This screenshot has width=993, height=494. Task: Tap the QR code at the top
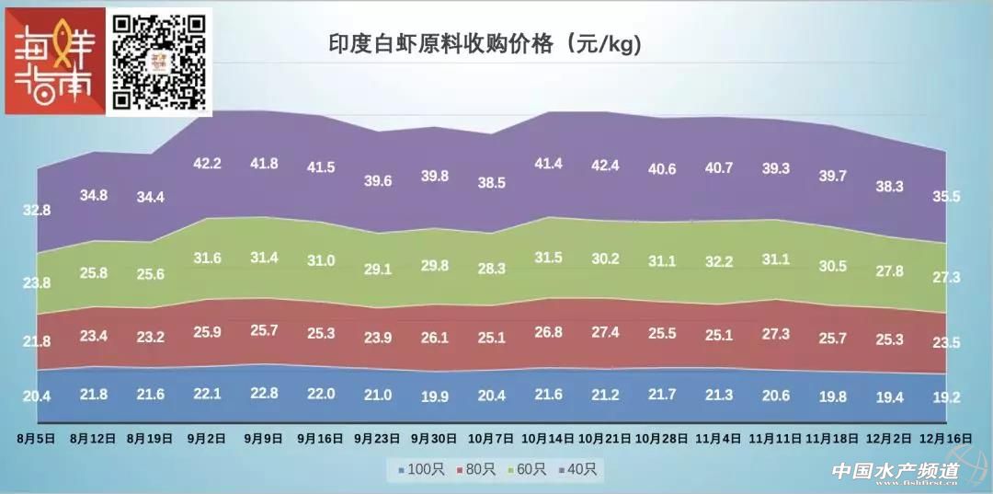click(x=158, y=61)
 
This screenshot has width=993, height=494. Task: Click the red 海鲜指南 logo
click(x=54, y=62)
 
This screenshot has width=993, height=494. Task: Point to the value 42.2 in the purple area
click(x=208, y=164)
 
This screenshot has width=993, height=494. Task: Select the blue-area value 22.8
click(x=264, y=393)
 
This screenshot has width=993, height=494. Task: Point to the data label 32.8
click(x=36, y=211)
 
